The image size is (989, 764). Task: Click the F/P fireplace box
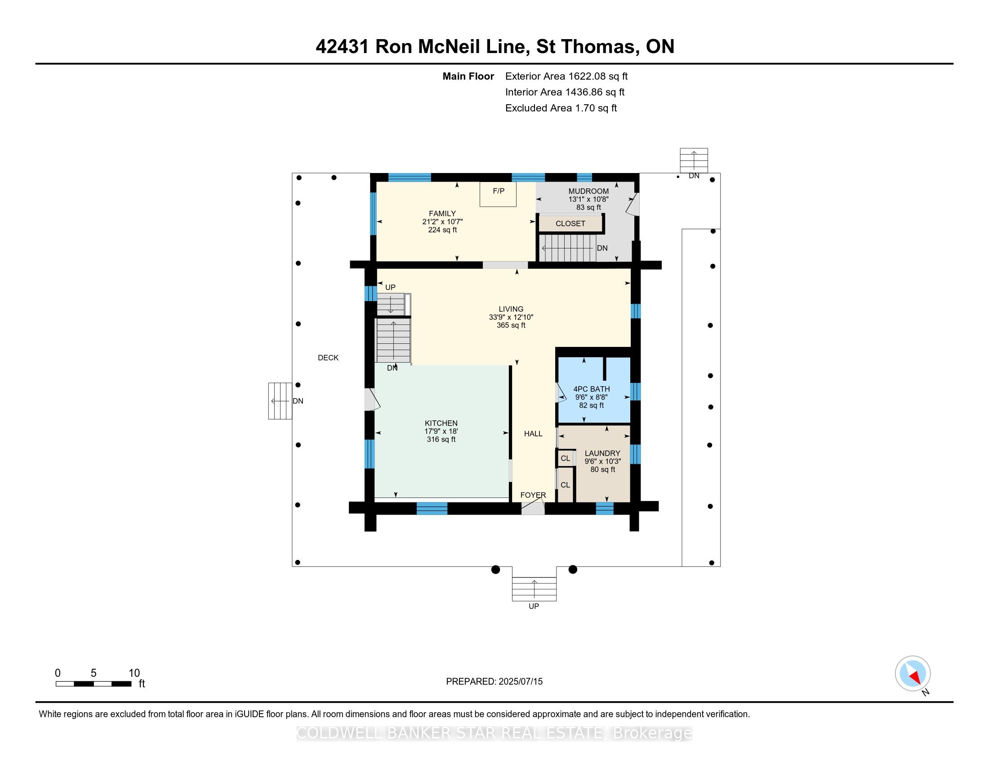point(498,194)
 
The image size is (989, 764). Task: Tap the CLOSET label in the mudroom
point(570,224)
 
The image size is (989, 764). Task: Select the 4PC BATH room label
point(592,389)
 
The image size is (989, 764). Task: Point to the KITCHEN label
point(441,423)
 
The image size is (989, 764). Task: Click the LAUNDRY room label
point(602,453)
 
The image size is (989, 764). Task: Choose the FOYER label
point(533,495)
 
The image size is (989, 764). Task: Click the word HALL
point(533,434)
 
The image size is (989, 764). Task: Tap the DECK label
point(328,358)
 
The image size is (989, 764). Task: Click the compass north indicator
point(913,673)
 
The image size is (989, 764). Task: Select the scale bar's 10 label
point(134,673)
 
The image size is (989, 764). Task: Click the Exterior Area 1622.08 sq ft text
point(566,76)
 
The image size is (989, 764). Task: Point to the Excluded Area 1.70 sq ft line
point(561,108)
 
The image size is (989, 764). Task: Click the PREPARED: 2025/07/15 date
point(494,682)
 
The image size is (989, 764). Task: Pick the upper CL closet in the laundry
point(565,458)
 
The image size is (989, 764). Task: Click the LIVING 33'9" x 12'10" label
point(511,317)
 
